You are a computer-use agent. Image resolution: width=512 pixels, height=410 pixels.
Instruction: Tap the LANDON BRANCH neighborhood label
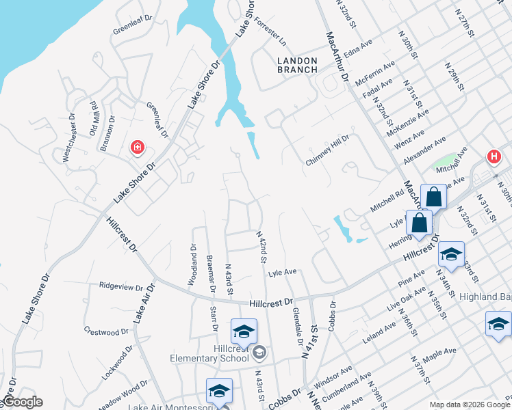(x=297, y=65)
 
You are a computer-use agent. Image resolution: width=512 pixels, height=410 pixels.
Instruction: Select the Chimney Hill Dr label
(x=327, y=149)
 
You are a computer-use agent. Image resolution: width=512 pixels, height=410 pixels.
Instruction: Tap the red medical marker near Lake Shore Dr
(x=138, y=147)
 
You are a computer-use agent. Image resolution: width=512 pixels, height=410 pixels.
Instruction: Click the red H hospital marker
(x=494, y=157)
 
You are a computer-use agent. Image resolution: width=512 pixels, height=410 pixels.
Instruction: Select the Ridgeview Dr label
(x=121, y=286)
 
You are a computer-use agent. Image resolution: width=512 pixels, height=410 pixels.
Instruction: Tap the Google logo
(x=23, y=402)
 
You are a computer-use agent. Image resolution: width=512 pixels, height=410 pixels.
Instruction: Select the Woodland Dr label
(x=192, y=265)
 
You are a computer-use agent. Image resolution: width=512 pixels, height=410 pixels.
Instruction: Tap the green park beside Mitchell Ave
(x=445, y=164)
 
